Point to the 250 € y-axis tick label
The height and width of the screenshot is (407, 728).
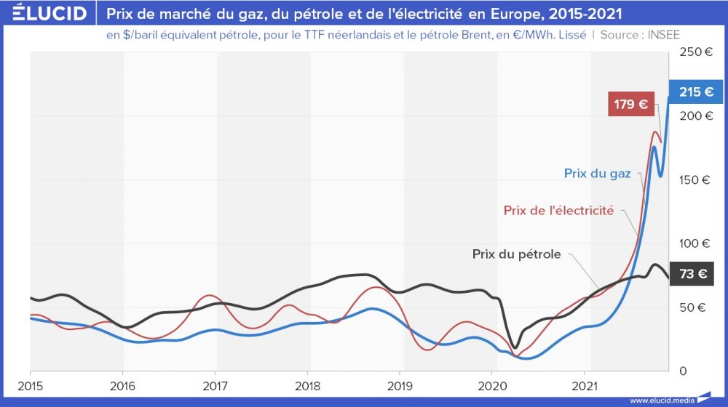coord(696,52)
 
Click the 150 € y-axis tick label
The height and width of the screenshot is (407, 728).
coord(696,180)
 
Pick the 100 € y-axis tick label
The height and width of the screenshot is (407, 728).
coord(696,243)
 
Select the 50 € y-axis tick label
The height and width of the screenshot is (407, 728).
coord(692,307)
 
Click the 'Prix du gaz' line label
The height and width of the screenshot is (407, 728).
coord(597,173)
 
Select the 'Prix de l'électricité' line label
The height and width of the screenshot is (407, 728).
coord(558,211)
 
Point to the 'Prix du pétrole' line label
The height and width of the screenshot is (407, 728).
coord(516,254)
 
